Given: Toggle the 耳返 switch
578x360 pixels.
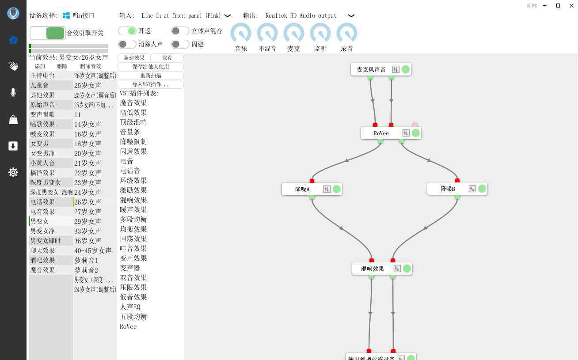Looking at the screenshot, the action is tap(127, 31).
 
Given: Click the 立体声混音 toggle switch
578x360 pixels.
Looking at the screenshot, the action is tap(180, 31).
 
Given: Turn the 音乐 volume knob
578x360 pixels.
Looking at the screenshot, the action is tap(241, 33).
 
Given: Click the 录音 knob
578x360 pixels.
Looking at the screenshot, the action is tap(347, 33).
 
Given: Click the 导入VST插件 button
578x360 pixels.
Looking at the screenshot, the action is tap(150, 84).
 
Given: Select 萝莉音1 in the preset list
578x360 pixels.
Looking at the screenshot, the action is tap(86, 260).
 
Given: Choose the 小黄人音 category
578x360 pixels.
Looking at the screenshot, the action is tap(42, 163).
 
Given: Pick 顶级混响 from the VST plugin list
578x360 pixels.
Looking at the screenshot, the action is tap(133, 122).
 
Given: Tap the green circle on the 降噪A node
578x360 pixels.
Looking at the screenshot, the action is tap(336, 189).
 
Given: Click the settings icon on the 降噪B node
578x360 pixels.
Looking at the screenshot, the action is tap(472, 189).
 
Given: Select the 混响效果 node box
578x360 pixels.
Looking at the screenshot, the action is tap(382, 269).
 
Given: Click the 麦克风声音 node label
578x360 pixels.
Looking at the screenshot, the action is tap(371, 69).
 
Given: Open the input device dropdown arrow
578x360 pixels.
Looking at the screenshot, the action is tap(227, 16).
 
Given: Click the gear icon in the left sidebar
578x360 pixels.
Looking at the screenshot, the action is tap(13, 172).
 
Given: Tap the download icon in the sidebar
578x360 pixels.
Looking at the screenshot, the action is tap(13, 146).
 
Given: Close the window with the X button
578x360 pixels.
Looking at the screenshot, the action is tap(571, 6).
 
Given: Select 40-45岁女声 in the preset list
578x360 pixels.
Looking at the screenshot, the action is tap(93, 250).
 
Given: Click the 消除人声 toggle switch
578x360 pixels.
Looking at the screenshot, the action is tap(127, 44).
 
